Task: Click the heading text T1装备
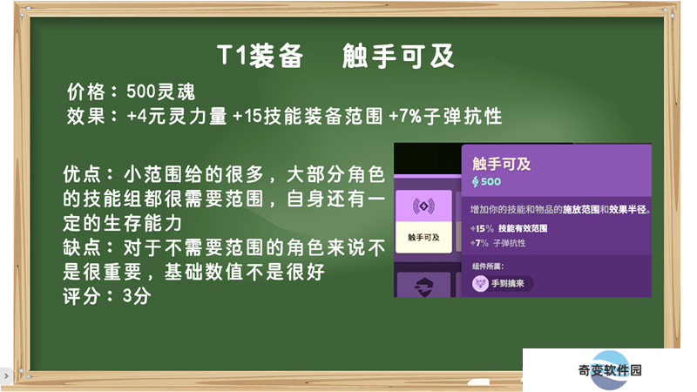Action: point(260,56)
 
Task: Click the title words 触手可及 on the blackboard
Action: point(398,56)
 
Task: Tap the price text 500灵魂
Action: point(161,92)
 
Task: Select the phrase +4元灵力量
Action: point(177,117)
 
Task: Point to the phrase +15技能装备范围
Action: point(308,117)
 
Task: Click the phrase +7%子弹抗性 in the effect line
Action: point(445,117)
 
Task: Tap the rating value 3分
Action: point(137,296)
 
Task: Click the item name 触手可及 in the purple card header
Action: point(502,164)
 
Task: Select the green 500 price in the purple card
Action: point(491,181)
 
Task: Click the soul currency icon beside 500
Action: point(475,181)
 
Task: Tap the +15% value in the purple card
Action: point(482,228)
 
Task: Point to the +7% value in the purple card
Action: point(479,243)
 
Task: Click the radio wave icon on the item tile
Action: point(423,206)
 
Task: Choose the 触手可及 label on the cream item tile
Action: point(423,237)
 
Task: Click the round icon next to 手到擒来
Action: point(480,283)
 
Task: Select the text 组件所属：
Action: point(488,267)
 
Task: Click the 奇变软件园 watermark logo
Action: point(610,369)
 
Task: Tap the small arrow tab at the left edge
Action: point(6,376)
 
